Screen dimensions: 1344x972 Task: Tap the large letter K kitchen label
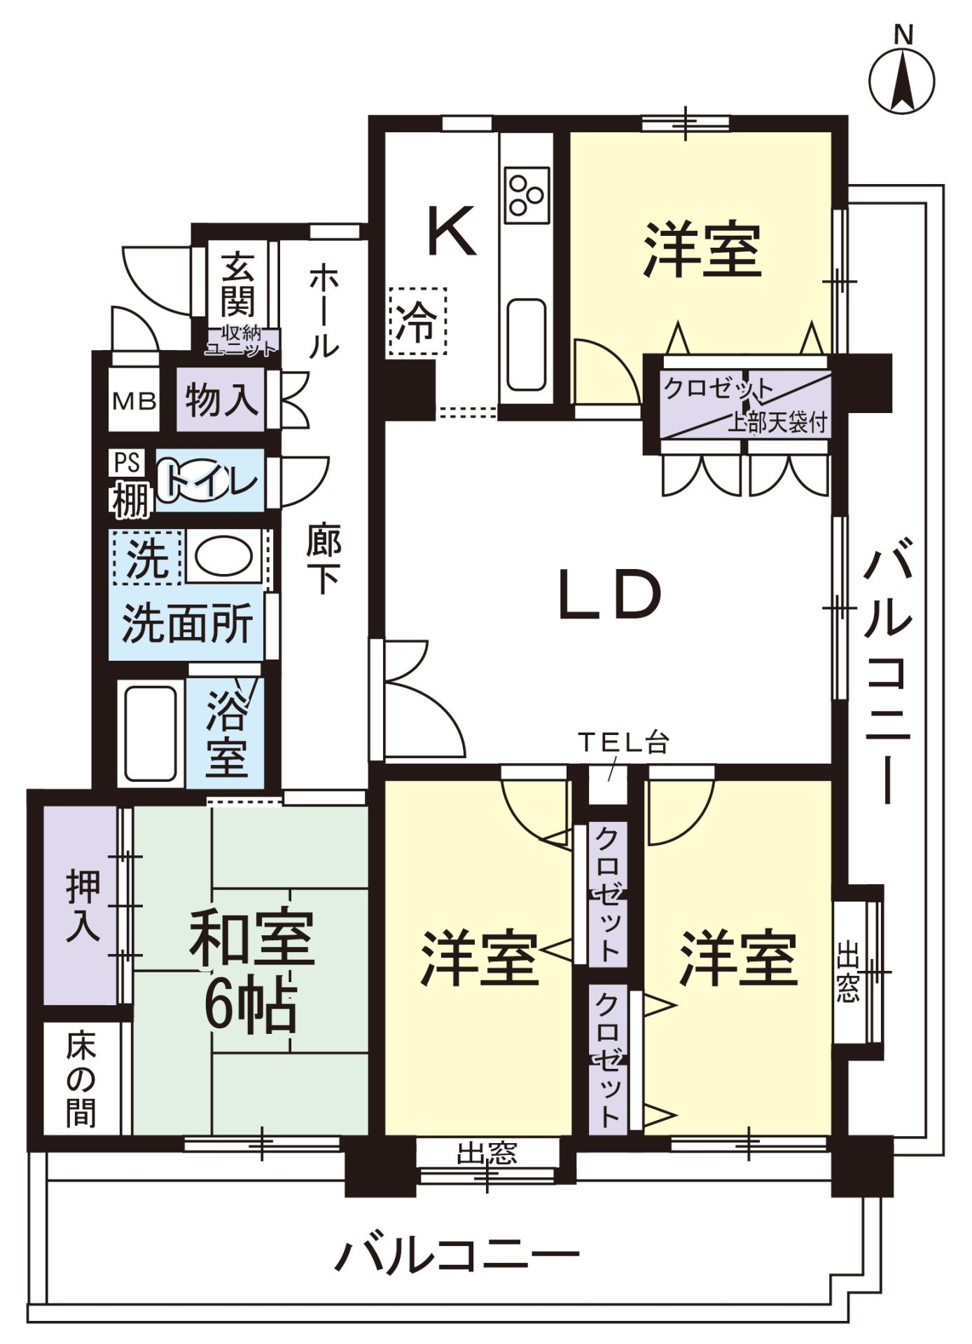[x=452, y=230]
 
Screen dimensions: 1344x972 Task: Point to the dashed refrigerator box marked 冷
[x=417, y=322]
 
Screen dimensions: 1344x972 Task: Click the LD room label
[x=609, y=595]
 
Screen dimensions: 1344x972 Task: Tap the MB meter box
[x=134, y=401]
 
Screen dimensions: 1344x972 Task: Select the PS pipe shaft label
[x=128, y=463]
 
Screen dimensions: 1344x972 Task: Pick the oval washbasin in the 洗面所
[x=223, y=557]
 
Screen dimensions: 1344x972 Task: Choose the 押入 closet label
[x=83, y=906]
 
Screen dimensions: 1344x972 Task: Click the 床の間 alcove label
[x=81, y=1080]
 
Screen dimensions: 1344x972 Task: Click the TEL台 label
[x=623, y=742]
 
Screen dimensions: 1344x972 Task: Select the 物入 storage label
[x=221, y=400]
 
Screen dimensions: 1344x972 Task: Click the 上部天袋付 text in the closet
[x=777, y=422]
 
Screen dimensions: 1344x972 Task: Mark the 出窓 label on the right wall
[x=847, y=972]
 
